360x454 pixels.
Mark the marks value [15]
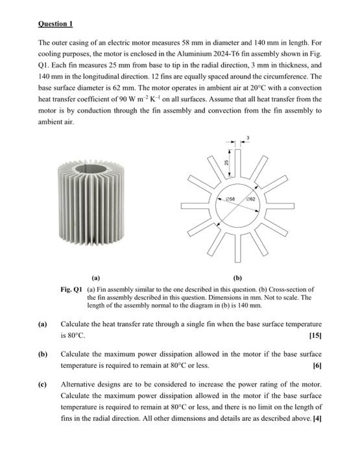315,337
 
